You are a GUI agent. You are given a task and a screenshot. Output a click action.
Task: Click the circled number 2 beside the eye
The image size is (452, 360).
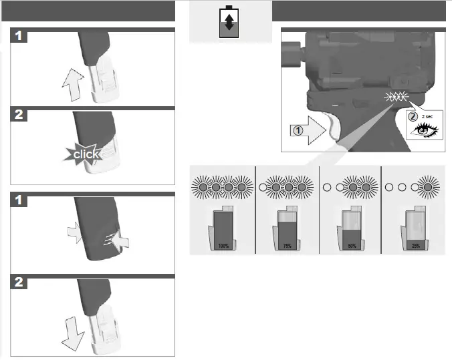413,116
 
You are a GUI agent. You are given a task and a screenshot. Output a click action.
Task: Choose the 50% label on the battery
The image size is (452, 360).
352,246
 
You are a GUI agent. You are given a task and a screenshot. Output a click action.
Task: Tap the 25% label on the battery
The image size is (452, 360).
415,246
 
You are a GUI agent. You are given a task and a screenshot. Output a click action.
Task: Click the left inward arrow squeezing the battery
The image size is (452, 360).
76,230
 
